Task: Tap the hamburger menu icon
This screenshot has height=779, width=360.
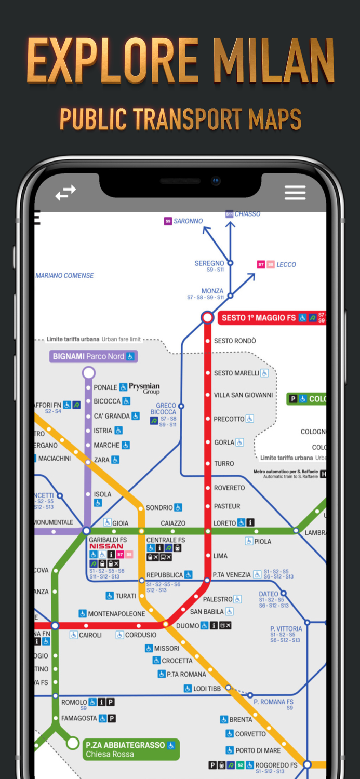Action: click(295, 193)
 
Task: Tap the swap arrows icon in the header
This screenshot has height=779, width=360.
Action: click(66, 193)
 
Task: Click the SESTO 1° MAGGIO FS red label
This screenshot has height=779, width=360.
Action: click(258, 318)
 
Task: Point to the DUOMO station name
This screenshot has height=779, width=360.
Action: click(188, 626)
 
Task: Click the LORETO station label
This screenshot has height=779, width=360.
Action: click(224, 523)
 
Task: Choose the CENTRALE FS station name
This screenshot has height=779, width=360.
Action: click(165, 540)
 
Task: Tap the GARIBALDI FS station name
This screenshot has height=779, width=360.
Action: click(108, 540)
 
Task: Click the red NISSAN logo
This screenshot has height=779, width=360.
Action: click(106, 546)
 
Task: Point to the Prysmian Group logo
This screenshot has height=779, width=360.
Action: click(144, 388)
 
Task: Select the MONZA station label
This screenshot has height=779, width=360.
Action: click(212, 291)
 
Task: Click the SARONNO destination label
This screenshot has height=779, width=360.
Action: click(188, 221)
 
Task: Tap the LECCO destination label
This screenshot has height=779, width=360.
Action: click(286, 265)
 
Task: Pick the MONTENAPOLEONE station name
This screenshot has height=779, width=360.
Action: click(116, 614)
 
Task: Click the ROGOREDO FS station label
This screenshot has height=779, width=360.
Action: click(276, 765)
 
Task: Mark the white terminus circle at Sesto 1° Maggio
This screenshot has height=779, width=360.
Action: click(207, 317)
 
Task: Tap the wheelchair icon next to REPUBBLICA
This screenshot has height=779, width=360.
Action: click(188, 575)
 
